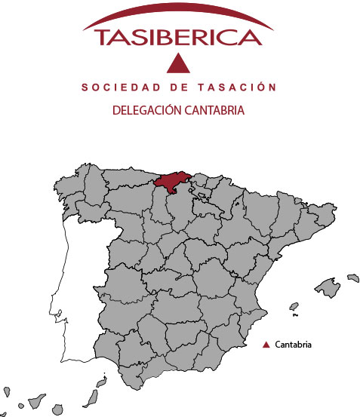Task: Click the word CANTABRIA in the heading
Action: [x=215, y=110]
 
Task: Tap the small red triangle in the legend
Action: [x=266, y=345]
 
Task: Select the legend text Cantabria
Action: [x=294, y=345]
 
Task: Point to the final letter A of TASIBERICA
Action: [x=254, y=38]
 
